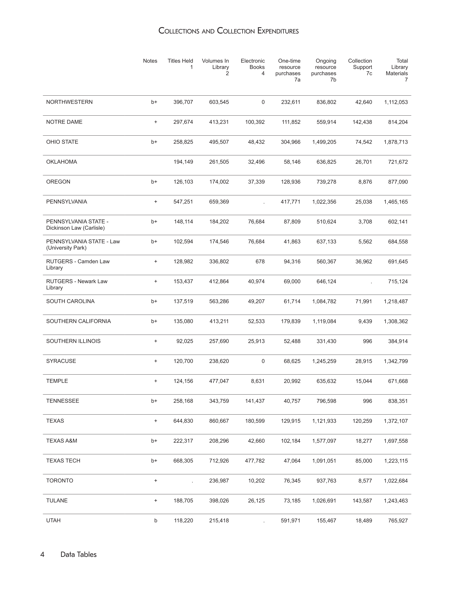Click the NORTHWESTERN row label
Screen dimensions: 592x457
click(69, 102)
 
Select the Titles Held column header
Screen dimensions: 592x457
click(180, 64)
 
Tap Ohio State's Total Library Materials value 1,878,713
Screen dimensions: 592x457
click(396, 142)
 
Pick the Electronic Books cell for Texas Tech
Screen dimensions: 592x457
click(255, 461)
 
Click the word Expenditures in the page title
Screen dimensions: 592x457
click(278, 31)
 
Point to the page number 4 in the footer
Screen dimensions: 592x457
click(42, 554)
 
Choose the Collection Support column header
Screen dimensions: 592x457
click(360, 67)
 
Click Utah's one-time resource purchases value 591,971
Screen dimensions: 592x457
click(290, 520)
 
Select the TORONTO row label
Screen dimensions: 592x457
click(60, 480)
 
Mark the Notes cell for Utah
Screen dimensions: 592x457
click(155, 520)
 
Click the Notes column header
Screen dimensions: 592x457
click(150, 61)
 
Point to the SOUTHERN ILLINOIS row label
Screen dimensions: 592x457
click(73, 341)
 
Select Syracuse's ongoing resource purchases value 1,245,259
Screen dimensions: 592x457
click(324, 361)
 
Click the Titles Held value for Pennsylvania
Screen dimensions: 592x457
click(183, 202)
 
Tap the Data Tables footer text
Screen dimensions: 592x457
click(79, 554)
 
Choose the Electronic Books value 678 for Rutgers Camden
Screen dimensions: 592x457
click(260, 262)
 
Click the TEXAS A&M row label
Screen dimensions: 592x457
click(61, 441)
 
